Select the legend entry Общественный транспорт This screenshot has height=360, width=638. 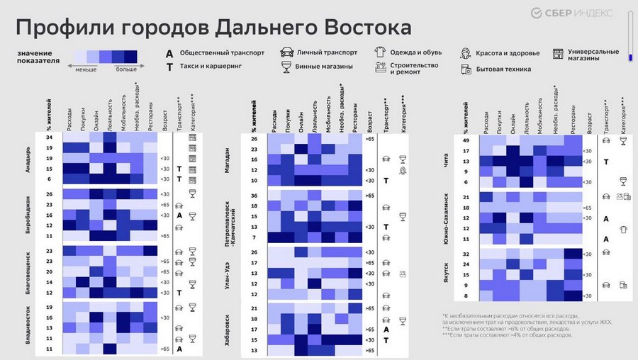click(x=222, y=53)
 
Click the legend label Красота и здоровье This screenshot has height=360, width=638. click(x=508, y=53)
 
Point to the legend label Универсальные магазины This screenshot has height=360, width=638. click(x=593, y=55)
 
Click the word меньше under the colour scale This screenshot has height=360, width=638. click(x=86, y=70)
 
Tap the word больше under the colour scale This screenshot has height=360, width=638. click(x=126, y=70)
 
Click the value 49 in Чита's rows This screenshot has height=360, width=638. click(x=465, y=140)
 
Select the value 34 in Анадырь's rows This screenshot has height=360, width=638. click(x=50, y=137)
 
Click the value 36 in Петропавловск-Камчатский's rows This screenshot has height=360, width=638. click(x=254, y=195)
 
